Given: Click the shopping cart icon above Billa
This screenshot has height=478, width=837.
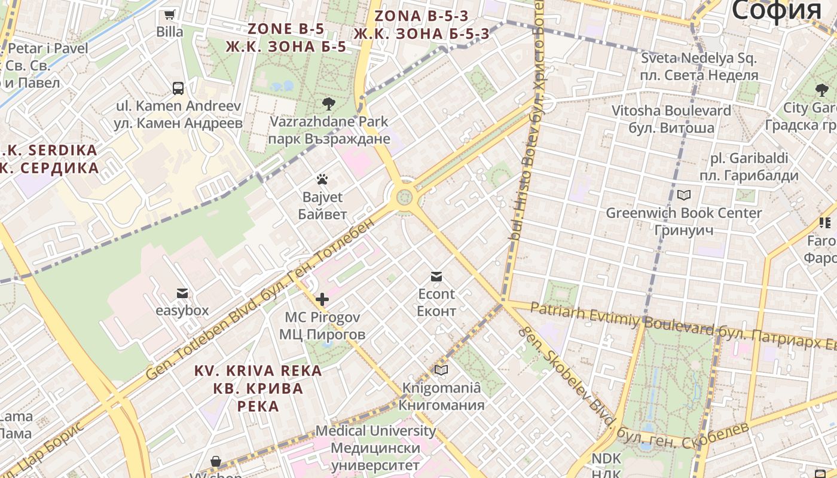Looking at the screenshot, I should coord(170,14).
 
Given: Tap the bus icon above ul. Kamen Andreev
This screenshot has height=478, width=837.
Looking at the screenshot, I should coord(178,88).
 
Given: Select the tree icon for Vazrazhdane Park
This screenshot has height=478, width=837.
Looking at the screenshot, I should coord(328,104).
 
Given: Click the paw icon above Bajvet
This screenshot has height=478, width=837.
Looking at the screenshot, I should coord(322,179).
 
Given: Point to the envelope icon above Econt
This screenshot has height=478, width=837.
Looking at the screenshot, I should coord(436,276).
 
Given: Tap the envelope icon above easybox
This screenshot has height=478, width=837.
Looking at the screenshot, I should coord(182,293).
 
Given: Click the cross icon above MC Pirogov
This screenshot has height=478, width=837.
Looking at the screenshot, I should coord(322,299).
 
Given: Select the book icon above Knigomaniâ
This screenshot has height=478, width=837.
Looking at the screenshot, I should coord(441,370).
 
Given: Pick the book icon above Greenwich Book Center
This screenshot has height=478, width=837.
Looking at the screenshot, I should coord(684,195).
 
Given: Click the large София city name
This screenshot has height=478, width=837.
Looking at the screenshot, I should coord(776,11).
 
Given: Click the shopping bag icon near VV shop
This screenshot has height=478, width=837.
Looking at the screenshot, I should coord(216,461).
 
